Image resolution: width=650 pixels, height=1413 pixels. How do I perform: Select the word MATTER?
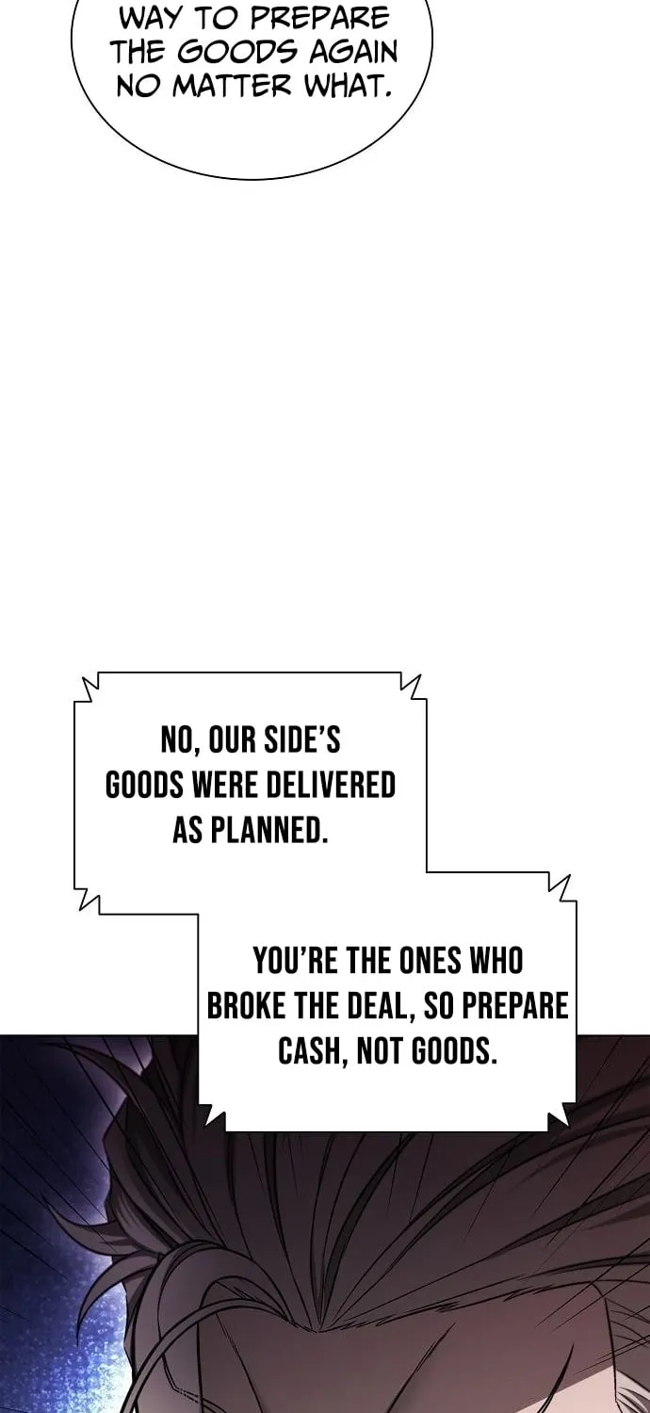coord(232,87)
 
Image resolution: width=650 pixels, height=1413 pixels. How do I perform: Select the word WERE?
coord(224,785)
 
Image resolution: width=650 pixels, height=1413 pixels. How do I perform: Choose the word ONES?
coord(431,960)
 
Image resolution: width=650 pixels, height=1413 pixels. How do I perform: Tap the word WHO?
coord(496,960)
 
